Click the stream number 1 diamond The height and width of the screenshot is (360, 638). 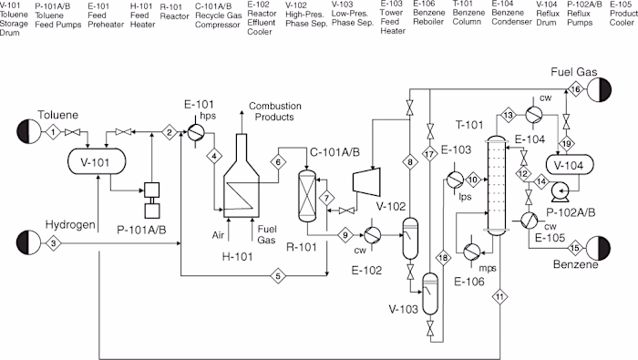53,132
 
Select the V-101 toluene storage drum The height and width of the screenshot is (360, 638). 97,161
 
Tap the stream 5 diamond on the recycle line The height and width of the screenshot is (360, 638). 278,276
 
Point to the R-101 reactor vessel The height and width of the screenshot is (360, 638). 307,196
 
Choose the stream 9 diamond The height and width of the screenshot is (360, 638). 345,235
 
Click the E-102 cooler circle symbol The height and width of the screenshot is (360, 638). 372,235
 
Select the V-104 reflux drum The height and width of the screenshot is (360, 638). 570,165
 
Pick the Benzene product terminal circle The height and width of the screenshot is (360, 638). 599,248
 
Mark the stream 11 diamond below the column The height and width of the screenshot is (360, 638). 500,296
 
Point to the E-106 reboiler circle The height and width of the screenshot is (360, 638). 472,252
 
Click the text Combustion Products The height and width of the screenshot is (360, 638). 274,111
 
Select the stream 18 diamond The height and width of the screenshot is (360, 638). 443,258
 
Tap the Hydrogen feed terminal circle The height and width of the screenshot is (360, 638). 28,242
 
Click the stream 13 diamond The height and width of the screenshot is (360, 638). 509,115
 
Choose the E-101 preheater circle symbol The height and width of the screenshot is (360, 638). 196,132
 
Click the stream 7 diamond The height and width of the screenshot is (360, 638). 326,198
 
